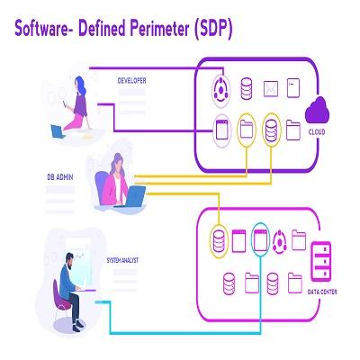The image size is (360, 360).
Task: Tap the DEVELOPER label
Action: coord(131,80)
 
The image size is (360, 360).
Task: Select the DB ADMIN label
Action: coord(60,177)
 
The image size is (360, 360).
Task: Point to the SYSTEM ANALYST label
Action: coord(122,260)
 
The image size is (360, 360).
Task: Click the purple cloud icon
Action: coord(317,111)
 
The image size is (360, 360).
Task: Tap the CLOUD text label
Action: coord(317,132)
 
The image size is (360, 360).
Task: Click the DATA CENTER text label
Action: coord(322,292)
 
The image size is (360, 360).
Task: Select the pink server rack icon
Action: coord(321,261)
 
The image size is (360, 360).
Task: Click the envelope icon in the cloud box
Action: coord(271,89)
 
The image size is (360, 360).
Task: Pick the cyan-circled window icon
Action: coord(260,240)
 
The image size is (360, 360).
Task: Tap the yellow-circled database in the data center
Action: coord(219,241)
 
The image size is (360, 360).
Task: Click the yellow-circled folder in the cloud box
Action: coord(247,129)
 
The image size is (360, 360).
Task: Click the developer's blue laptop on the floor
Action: coord(58,131)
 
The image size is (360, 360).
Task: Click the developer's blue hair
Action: coord(80,85)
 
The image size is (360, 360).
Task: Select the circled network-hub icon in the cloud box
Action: coord(221,89)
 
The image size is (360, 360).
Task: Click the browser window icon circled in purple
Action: coord(222,130)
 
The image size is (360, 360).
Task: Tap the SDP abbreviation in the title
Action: coord(213,29)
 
